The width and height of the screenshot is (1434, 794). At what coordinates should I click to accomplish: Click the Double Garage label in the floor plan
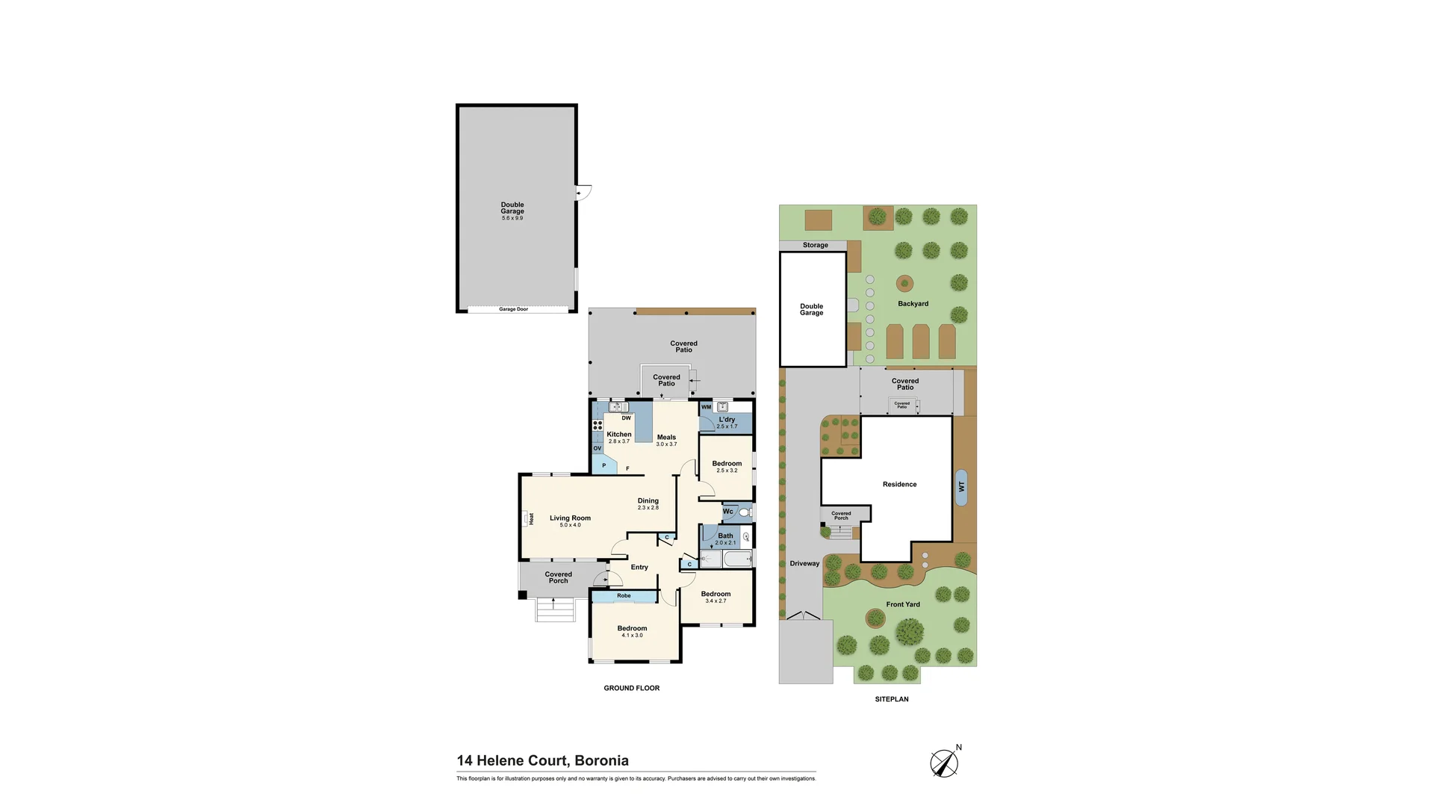pyautogui.click(x=512, y=208)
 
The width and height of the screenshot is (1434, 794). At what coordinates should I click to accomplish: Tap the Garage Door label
pyautogui.click(x=513, y=309)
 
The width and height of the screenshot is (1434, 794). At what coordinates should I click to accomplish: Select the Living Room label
pyautogui.click(x=570, y=518)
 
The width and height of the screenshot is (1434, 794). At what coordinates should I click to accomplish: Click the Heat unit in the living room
pyautogui.click(x=530, y=518)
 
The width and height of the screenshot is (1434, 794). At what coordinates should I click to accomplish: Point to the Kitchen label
pyautogui.click(x=619, y=435)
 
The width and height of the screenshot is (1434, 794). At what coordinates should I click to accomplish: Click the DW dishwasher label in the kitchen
pyautogui.click(x=627, y=418)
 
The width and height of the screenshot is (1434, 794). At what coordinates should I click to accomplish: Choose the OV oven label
pyautogui.click(x=597, y=448)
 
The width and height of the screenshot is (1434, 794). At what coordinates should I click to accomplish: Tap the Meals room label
pyautogui.click(x=666, y=438)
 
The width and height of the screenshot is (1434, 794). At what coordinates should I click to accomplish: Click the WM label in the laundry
pyautogui.click(x=706, y=407)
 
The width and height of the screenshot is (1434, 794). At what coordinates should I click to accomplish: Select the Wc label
pyautogui.click(x=727, y=512)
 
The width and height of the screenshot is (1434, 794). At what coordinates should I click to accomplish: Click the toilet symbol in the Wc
pyautogui.click(x=745, y=512)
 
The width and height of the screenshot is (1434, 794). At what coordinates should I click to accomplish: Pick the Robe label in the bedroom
pyautogui.click(x=624, y=596)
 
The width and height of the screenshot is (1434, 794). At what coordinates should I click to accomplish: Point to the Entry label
pyautogui.click(x=639, y=568)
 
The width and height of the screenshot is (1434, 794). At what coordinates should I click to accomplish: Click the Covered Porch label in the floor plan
pyautogui.click(x=559, y=577)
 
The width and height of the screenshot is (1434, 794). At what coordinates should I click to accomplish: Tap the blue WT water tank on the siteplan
pyautogui.click(x=961, y=486)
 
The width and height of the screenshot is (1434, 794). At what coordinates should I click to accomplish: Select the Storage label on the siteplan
pyautogui.click(x=815, y=245)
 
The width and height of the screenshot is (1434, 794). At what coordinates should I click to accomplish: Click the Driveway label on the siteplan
pyautogui.click(x=804, y=564)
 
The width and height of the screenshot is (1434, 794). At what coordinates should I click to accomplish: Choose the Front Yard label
pyautogui.click(x=903, y=604)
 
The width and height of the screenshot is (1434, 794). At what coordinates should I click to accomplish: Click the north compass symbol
pyautogui.click(x=945, y=762)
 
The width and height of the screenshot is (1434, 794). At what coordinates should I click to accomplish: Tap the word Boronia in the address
pyautogui.click(x=602, y=761)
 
